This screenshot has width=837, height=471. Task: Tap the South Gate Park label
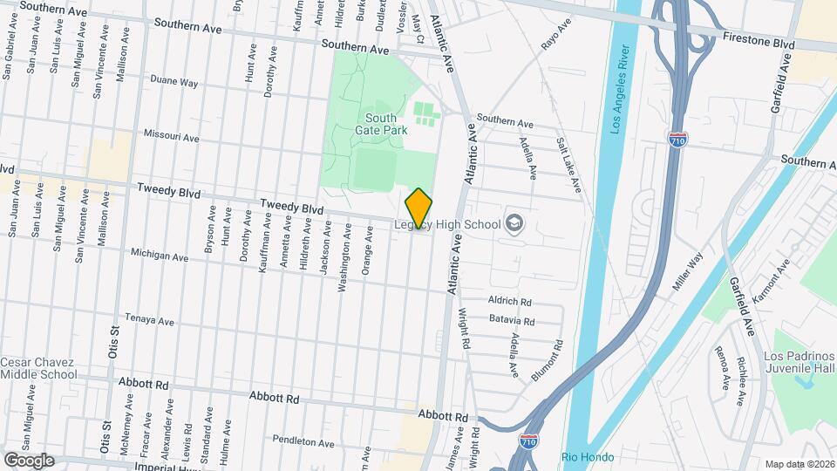click(381, 124)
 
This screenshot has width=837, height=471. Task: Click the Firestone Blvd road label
click(759, 41)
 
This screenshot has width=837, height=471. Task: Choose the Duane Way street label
click(174, 83)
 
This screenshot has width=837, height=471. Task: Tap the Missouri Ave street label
click(171, 137)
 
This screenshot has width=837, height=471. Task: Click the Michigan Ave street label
click(160, 256)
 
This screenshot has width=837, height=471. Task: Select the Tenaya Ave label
click(150, 319)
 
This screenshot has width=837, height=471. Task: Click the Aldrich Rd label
click(510, 300)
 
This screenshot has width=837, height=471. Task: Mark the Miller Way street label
click(687, 272)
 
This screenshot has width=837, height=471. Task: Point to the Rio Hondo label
click(587, 457)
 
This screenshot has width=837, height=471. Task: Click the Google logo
click(29, 460)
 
